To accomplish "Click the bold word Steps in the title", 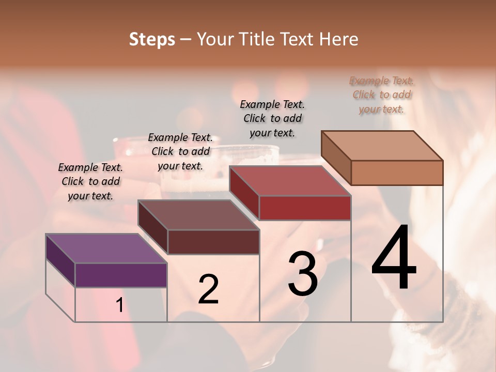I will (x=152, y=39).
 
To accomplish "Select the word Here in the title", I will (x=339, y=39).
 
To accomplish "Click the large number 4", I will (x=394, y=258).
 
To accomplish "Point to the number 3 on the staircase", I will (x=303, y=274).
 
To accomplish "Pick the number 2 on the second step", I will (x=208, y=289).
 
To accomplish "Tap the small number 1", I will (x=119, y=305).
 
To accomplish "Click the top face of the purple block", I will (x=106, y=249).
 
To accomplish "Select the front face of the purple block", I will (x=121, y=275).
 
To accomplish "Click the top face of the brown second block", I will (x=198, y=215).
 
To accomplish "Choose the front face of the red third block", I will (x=305, y=208).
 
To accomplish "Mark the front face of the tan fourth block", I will (x=397, y=173).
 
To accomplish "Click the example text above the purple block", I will (x=90, y=181).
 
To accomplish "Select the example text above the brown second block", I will (x=180, y=151).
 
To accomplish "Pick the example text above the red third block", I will (x=272, y=118).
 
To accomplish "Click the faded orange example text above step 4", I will (x=381, y=95).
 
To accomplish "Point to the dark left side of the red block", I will (x=244, y=192).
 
